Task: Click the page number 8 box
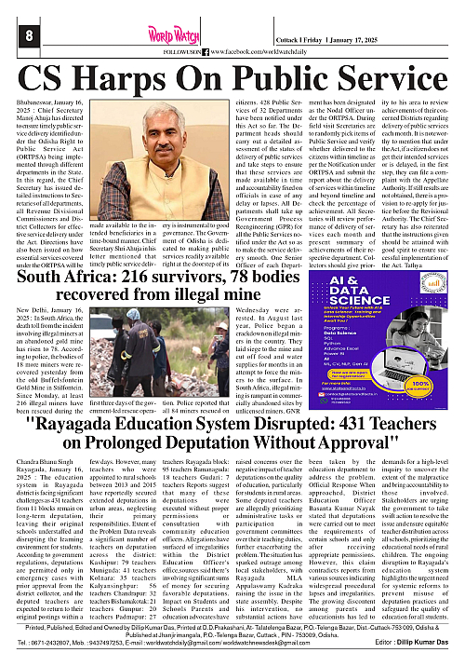[14, 34]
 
